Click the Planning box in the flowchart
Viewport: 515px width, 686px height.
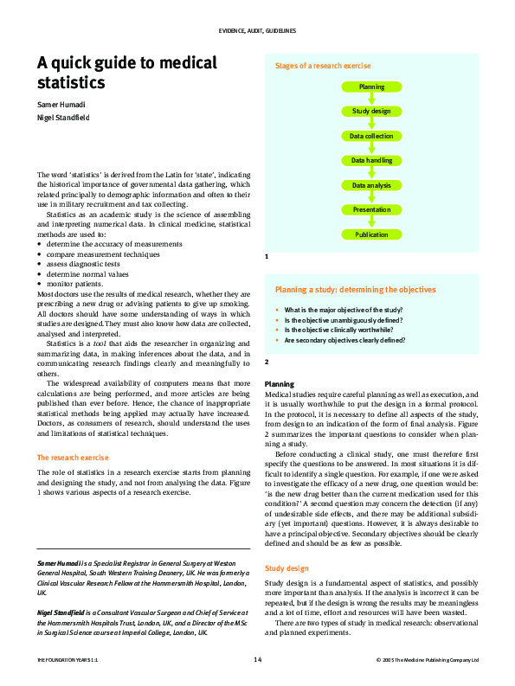pyautogui.click(x=371, y=87)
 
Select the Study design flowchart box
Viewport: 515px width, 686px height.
pyautogui.click(x=371, y=112)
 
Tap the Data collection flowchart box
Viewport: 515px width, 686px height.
pyautogui.click(x=371, y=137)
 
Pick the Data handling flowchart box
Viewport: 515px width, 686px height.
pyautogui.click(x=371, y=161)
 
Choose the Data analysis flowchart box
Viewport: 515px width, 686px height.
pyautogui.click(x=371, y=185)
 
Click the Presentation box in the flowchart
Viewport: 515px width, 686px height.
pyautogui.click(x=371, y=210)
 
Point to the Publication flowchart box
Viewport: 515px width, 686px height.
pyautogui.click(x=371, y=234)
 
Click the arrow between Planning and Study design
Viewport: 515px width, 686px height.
pyautogui.click(x=371, y=99)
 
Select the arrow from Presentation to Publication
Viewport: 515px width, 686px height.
pyautogui.click(x=371, y=222)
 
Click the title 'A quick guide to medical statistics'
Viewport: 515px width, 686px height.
pyautogui.click(x=126, y=73)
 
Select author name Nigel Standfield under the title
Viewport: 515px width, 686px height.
pyautogui.click(x=62, y=118)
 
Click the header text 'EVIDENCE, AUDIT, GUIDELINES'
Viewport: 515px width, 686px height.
pyautogui.click(x=257, y=30)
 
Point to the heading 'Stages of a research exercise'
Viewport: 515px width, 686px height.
pyautogui.click(x=323, y=66)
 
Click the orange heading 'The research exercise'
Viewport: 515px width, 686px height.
pyautogui.click(x=73, y=457)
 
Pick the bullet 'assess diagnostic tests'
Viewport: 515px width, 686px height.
pyautogui.click(x=87, y=264)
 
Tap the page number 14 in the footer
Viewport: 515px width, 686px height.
pyautogui.click(x=257, y=660)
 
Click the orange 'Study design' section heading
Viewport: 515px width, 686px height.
pyautogui.click(x=286, y=569)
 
